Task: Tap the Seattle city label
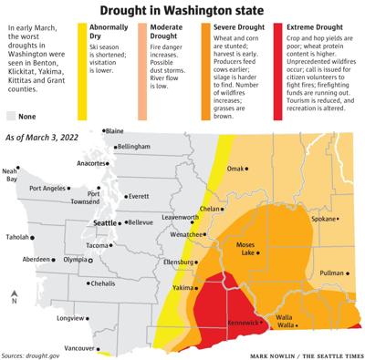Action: [108, 222]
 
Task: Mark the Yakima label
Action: [183, 288]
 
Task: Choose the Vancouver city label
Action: [80, 347]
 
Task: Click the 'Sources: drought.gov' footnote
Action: [37, 354]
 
